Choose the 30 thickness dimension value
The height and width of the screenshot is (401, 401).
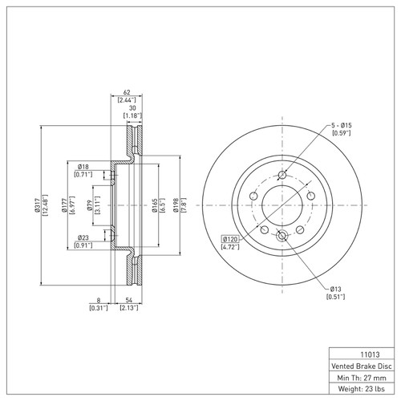pos(132,108)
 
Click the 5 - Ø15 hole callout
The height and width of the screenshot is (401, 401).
pos(342,126)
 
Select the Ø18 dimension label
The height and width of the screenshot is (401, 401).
pos(83,165)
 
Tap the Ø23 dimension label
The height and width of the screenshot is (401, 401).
pos(83,237)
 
